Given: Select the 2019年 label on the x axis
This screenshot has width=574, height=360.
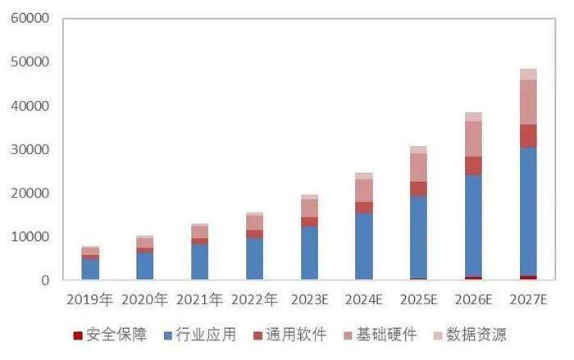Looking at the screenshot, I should point(90,300).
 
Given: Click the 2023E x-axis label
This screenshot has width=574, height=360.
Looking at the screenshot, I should point(309,300).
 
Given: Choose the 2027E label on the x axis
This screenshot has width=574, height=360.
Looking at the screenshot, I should point(528,300).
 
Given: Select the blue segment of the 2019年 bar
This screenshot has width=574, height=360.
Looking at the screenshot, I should point(90,269).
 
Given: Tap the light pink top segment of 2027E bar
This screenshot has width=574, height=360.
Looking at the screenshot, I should point(528,74).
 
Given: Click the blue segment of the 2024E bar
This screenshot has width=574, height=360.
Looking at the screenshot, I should point(363,246).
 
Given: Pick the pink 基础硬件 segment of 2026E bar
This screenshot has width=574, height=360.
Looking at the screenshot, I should point(473,139).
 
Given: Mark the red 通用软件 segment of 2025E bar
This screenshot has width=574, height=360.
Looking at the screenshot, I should point(418,189).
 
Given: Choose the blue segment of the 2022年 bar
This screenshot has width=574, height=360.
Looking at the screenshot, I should point(254,258).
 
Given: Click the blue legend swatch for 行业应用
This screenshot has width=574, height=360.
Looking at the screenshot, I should point(167,335).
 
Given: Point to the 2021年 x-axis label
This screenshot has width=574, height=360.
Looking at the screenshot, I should point(199,300).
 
